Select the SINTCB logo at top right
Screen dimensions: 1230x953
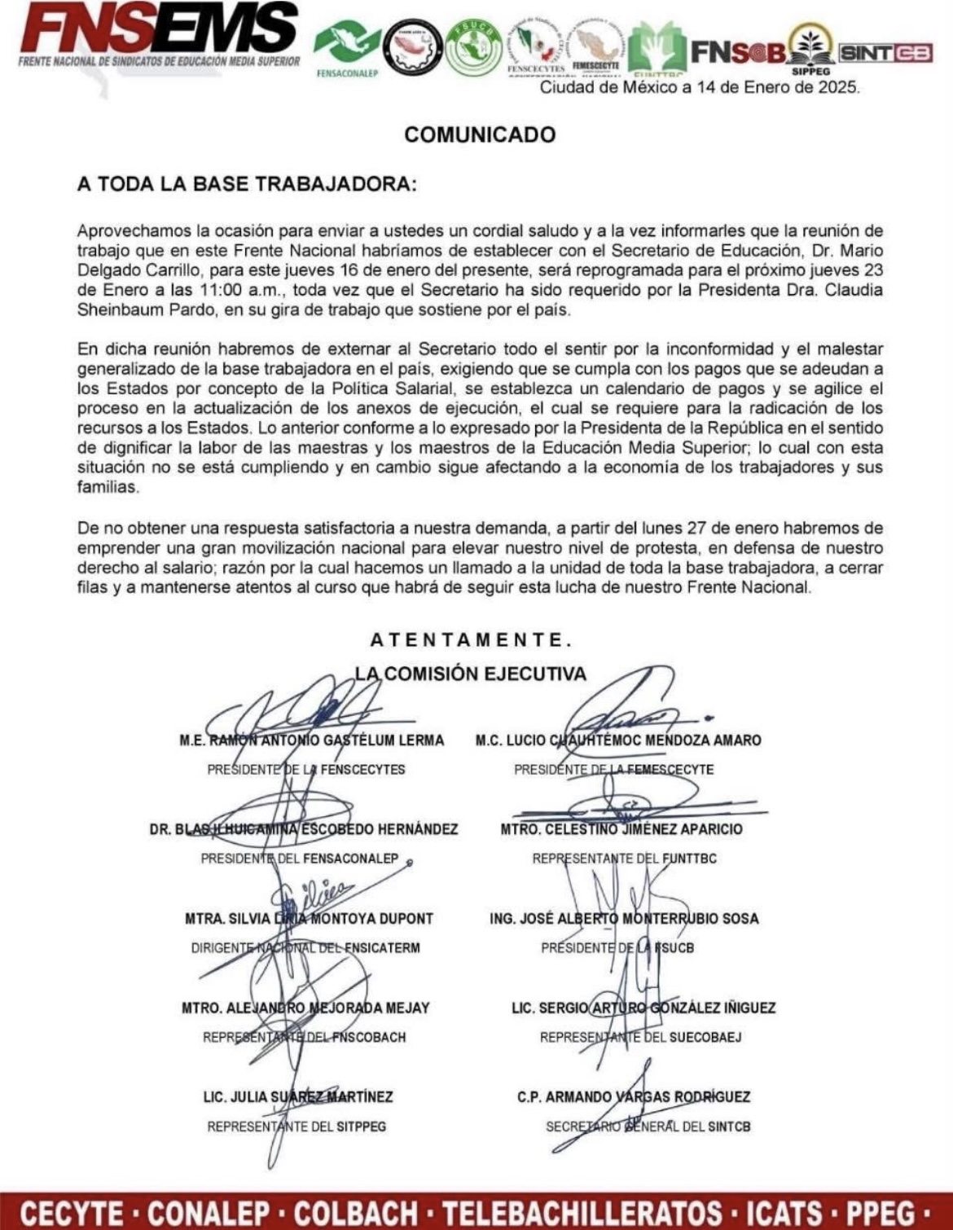click(x=885, y=53)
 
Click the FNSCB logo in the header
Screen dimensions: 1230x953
click(x=738, y=53)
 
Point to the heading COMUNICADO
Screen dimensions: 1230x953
click(x=480, y=134)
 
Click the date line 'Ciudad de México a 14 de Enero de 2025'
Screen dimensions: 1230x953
click(x=700, y=87)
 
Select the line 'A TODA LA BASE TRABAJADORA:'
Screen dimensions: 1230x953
click(x=247, y=184)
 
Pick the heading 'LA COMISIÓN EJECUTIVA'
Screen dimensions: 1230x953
click(x=471, y=674)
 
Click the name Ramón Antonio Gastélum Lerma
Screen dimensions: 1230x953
click(x=312, y=740)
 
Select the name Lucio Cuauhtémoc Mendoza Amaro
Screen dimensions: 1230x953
click(x=618, y=740)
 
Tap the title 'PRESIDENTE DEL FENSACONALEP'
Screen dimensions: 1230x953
click(x=300, y=859)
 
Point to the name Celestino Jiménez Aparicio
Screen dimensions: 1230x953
click(x=621, y=829)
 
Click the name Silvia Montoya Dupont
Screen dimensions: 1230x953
click(x=309, y=919)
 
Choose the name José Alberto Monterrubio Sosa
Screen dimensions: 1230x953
click(x=624, y=919)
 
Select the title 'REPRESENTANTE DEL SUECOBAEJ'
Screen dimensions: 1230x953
click(x=641, y=1038)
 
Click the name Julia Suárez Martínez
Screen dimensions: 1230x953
click(x=298, y=1097)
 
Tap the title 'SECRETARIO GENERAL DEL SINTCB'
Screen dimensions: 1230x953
click(x=648, y=1127)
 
